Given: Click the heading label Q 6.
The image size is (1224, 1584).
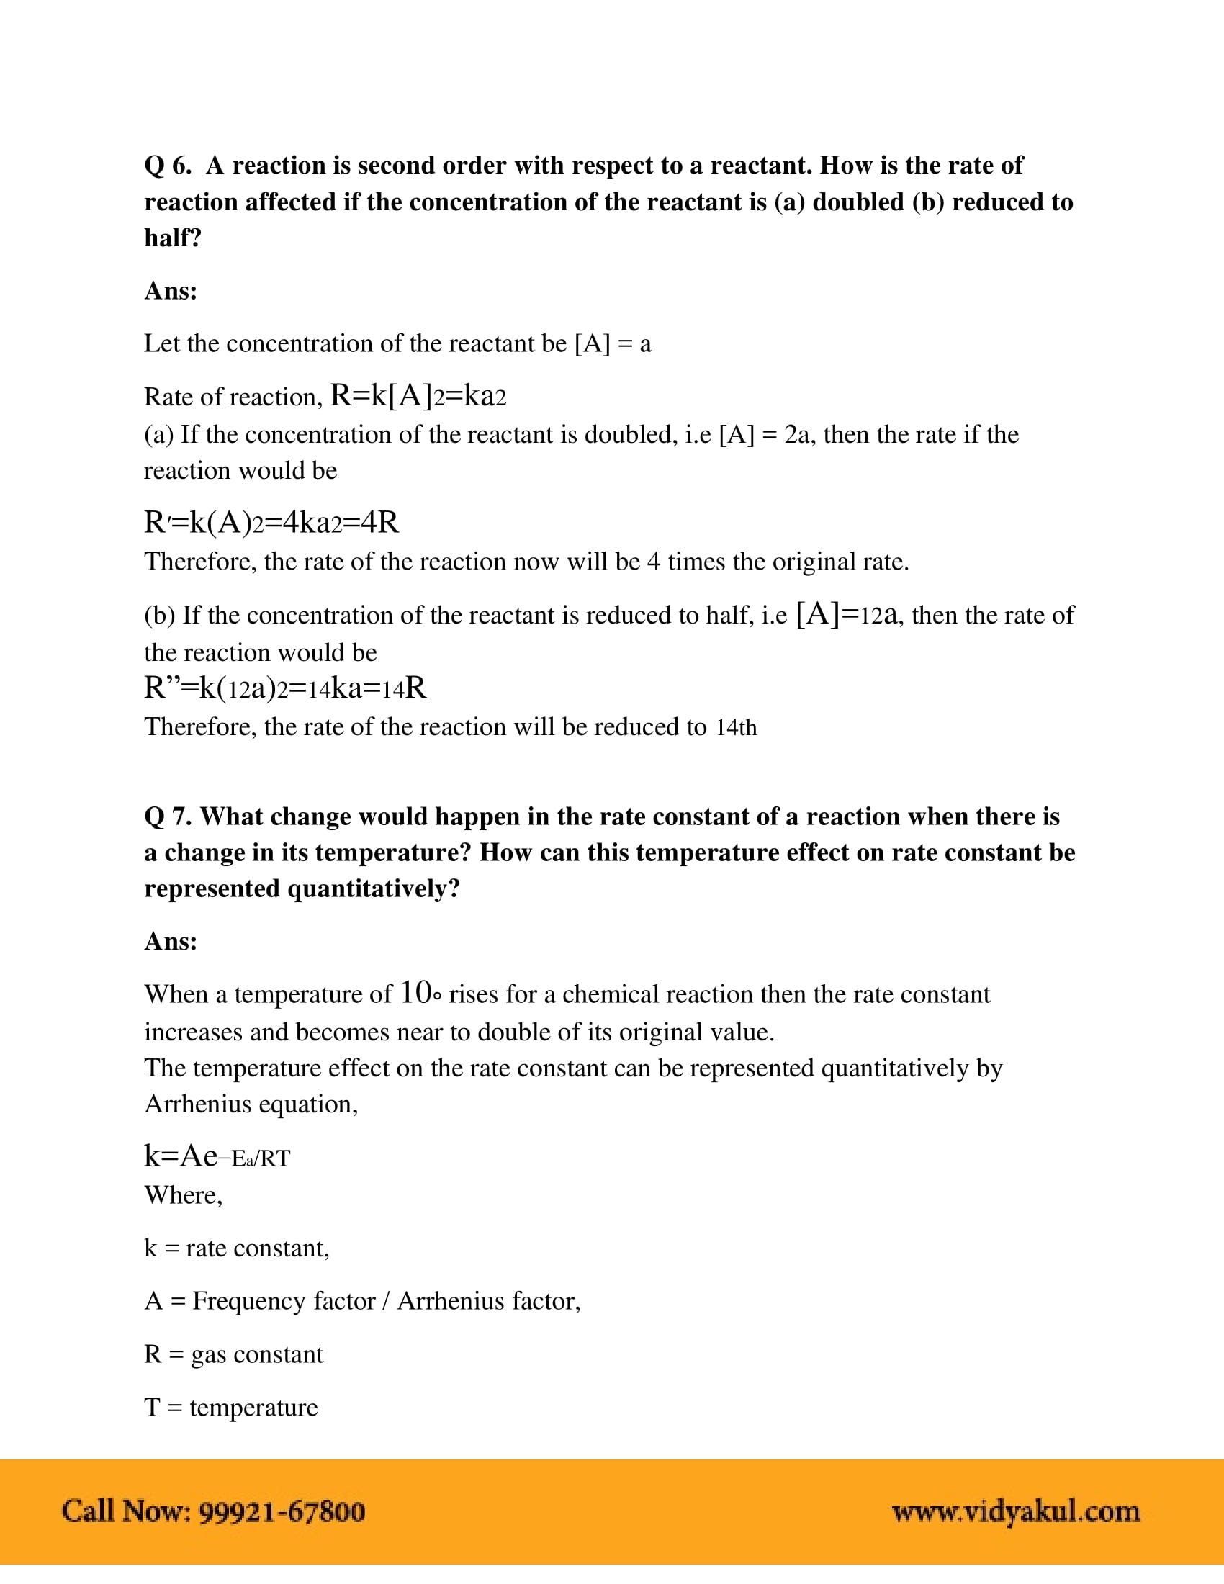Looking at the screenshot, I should click(x=168, y=166).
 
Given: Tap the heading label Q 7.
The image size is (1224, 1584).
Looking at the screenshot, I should click(x=168, y=816).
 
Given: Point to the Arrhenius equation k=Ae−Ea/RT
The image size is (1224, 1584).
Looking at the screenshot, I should click(x=217, y=1156).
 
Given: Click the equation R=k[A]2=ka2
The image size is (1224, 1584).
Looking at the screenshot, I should click(x=418, y=396).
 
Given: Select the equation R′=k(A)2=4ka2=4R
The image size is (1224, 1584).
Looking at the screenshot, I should click(x=271, y=522).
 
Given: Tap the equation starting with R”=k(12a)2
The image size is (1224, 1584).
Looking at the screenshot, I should click(x=285, y=688).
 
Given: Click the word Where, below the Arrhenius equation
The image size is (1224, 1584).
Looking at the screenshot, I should click(x=184, y=1194).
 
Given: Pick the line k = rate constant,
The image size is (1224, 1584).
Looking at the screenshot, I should click(x=236, y=1248).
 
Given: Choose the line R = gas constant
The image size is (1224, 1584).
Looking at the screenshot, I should click(x=233, y=1354).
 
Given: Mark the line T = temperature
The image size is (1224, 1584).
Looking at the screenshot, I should click(x=230, y=1407).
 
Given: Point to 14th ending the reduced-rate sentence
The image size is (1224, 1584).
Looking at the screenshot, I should click(x=736, y=727).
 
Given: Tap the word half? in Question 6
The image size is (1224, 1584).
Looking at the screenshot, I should click(x=173, y=238).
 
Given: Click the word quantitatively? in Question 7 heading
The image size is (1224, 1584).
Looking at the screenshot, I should click(x=374, y=888).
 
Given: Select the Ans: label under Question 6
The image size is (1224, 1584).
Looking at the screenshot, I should click(x=171, y=291).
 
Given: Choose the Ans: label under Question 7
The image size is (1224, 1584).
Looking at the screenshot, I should click(x=171, y=942).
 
